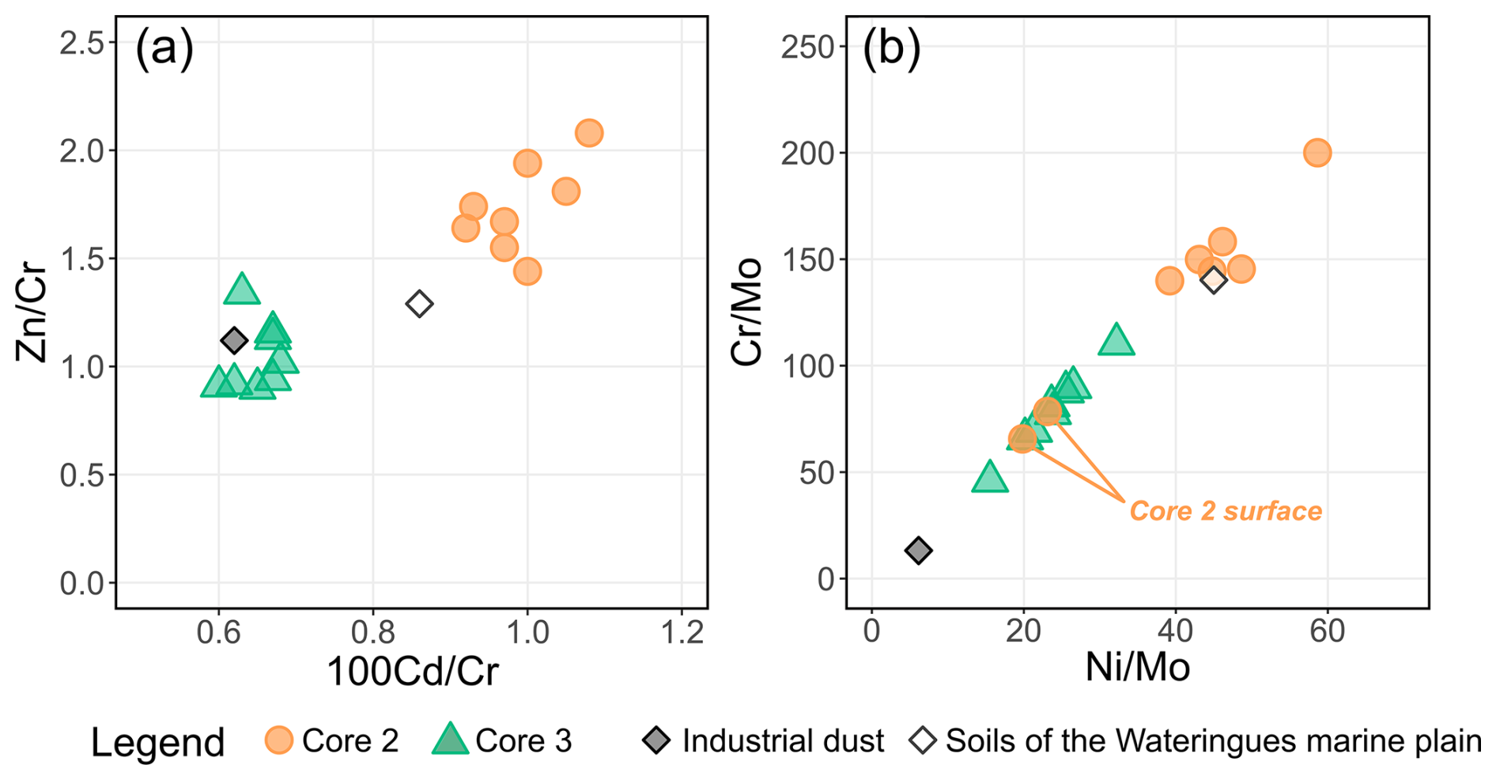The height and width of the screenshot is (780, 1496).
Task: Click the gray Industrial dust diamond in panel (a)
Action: click(234, 341)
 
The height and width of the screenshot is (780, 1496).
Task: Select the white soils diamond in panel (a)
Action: click(420, 304)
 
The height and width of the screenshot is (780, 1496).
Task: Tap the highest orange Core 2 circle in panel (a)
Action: click(589, 133)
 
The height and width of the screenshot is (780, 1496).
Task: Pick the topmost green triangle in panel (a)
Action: click(242, 290)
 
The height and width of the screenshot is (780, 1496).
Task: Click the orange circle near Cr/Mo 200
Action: click(1317, 153)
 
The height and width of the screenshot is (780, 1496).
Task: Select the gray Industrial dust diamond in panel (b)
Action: click(918, 551)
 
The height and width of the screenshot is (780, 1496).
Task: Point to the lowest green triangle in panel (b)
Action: click(990, 478)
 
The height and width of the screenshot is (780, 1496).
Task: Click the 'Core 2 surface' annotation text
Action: click(1226, 511)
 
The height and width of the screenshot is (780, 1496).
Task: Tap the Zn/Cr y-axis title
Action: click(33, 316)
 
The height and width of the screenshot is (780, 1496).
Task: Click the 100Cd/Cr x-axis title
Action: click(412, 672)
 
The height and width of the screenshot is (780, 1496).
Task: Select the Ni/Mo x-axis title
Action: click(1137, 668)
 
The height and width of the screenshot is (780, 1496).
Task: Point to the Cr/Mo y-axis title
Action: click(746, 312)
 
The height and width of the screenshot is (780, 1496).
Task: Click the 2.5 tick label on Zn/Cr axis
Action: click(82, 43)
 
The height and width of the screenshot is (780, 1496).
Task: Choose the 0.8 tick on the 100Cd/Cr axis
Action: click(373, 633)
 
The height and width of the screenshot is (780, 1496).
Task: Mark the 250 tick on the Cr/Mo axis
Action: click(808, 47)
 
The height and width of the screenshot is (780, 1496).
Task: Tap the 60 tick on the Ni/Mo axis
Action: click(1327, 631)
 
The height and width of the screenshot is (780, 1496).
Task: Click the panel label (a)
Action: click(164, 49)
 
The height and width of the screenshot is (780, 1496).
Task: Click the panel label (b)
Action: click(891, 49)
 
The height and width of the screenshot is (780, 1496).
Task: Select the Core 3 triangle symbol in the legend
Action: click(450, 740)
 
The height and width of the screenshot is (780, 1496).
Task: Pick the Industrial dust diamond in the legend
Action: click(657, 740)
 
